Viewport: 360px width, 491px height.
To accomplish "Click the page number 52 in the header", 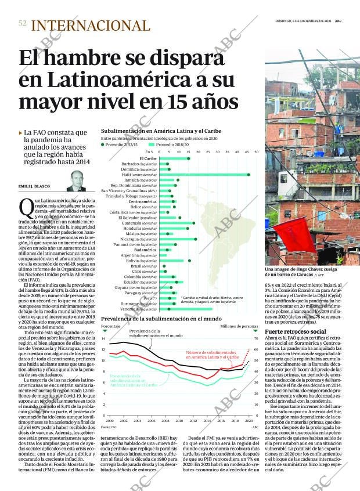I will [23, 24].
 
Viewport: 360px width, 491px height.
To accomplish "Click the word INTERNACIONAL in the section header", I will [91, 26].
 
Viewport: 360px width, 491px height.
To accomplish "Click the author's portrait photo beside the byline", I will [75, 181].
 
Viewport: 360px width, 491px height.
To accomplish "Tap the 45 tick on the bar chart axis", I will [249, 152].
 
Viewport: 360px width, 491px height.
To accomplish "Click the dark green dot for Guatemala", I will [194, 223].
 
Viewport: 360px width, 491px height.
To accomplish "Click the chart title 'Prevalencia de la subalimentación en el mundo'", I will [160, 319].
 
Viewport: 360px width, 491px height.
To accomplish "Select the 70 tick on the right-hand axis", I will [256, 338].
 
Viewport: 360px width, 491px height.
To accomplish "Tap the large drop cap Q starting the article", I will [25, 207].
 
